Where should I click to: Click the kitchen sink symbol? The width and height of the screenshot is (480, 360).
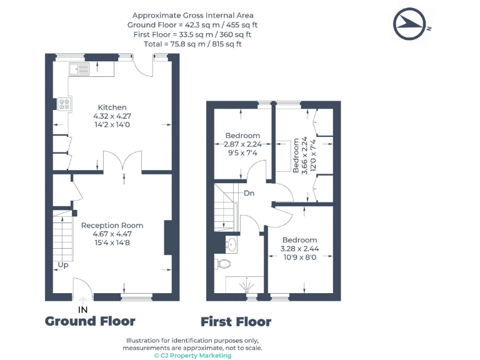79,69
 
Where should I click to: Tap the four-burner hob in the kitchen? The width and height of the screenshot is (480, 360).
64,104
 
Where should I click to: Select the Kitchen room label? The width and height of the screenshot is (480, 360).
112,107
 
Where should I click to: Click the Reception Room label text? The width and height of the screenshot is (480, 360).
112,226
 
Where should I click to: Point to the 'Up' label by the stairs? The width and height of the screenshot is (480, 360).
63,265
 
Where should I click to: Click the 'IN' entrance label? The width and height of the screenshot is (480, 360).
83,310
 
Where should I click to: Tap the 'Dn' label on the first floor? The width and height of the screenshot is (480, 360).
249,193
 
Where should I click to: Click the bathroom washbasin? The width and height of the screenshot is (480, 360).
231,244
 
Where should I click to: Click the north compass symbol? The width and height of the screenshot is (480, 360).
409,24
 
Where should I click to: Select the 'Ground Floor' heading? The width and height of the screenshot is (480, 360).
90,321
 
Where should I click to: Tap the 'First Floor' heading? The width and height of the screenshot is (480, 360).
236,322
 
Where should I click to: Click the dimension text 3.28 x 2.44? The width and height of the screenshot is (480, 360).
300,249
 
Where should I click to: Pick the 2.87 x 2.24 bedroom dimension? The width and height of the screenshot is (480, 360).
242,144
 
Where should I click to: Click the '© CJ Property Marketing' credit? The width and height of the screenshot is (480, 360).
193,356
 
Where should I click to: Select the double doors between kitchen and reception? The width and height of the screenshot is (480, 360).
122,161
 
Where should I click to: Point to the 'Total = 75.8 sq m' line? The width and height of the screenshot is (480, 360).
193,44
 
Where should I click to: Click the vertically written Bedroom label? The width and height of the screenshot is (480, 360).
296,156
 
